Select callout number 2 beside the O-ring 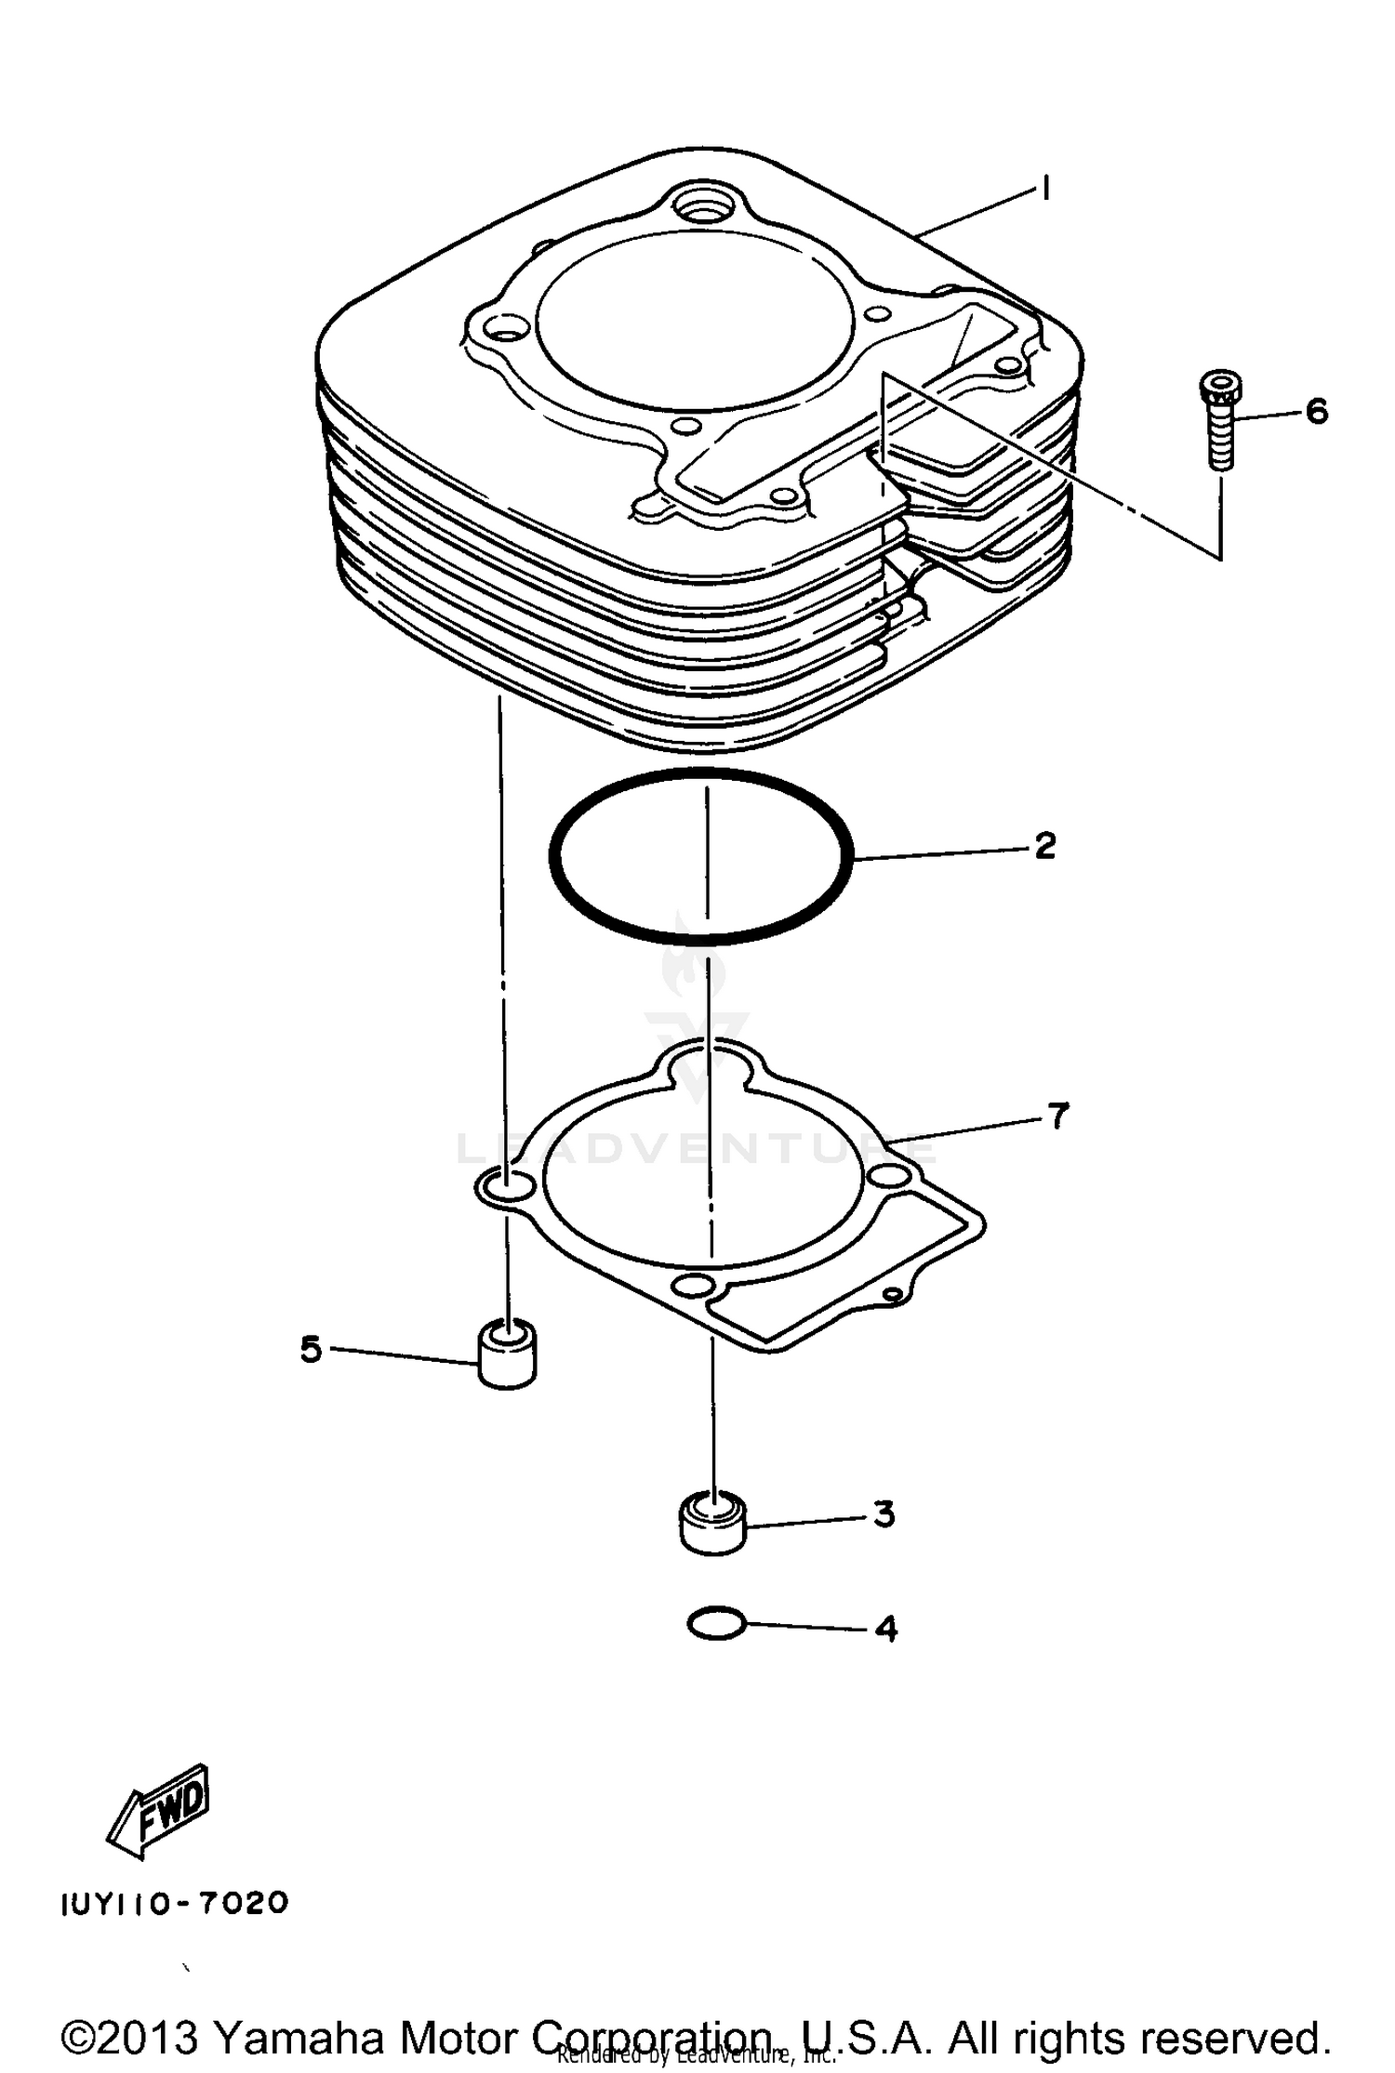coord(1044,846)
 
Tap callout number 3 coord(883,1514)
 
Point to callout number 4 coord(886,1629)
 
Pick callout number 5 coord(311,1349)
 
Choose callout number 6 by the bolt coord(1317,411)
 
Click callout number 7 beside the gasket coord(1057,1116)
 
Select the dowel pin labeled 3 coord(713,1522)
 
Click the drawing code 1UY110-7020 coord(175,1903)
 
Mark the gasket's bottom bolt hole coord(693,1287)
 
